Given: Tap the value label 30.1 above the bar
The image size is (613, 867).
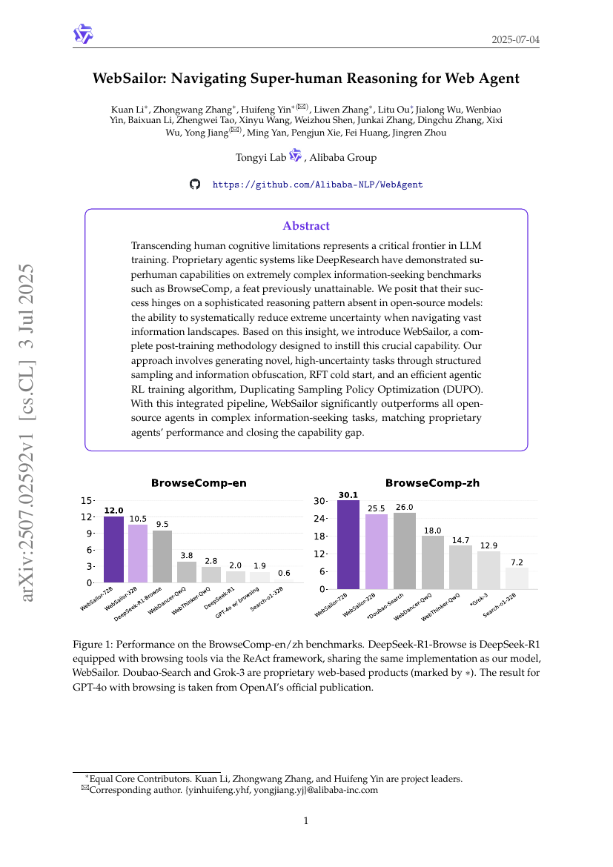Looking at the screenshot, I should tap(348, 495).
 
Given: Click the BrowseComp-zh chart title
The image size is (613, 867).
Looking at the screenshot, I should tap(432, 483).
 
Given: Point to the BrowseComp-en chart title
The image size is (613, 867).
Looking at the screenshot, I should tap(199, 483).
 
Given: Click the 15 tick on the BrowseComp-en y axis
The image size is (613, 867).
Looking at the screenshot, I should tap(87, 501).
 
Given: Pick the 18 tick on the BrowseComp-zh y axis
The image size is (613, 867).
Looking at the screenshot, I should tap(320, 537).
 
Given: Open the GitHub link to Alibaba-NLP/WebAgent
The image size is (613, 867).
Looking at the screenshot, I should tap(317, 185).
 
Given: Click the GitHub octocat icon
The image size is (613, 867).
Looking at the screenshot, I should tap(195, 184).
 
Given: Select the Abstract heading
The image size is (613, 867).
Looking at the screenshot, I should tap(306, 226).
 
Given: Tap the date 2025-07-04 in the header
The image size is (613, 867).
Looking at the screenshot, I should tap(515, 39).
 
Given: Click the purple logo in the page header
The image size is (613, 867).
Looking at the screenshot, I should tap(83, 34).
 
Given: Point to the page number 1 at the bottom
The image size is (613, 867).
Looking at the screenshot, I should tap(306, 820).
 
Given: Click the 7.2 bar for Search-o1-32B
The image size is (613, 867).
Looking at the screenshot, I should tap(517, 578).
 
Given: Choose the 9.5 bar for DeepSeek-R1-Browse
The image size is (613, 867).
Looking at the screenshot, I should tap(162, 557).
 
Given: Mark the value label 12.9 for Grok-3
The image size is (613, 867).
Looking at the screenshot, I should tap(488, 545).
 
